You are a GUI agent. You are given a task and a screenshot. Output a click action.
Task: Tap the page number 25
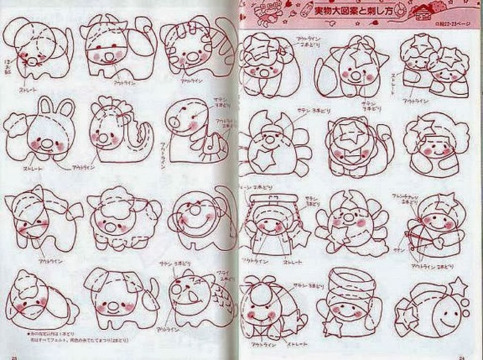(x=15, y=356)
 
